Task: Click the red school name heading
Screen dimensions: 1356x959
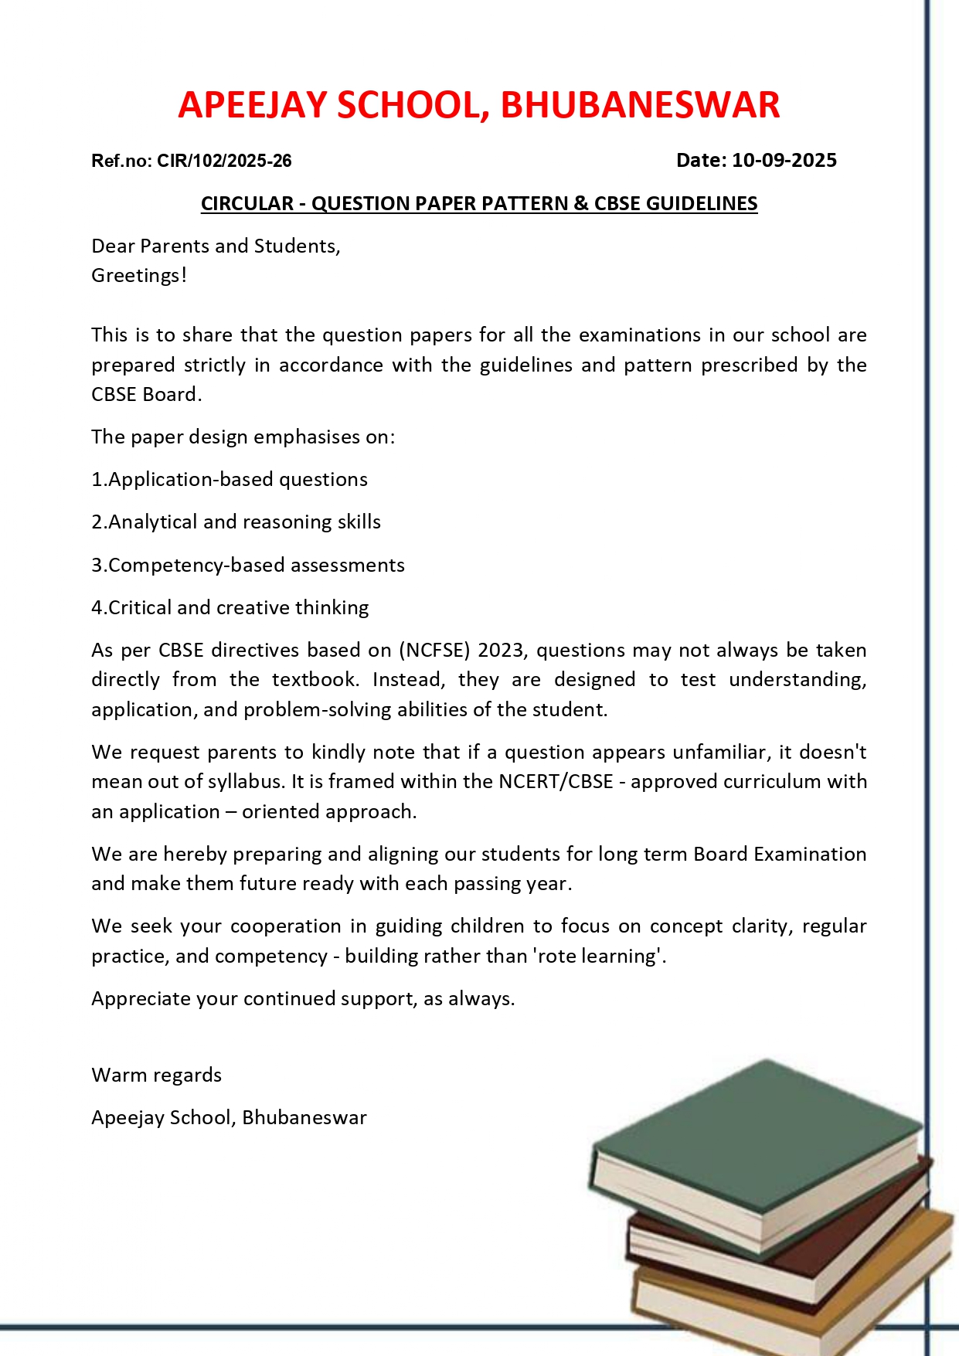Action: click(x=478, y=105)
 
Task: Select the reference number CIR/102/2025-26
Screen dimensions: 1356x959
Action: click(x=224, y=161)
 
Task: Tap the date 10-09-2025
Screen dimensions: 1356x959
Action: click(x=784, y=160)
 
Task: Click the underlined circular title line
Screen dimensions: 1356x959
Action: click(x=479, y=203)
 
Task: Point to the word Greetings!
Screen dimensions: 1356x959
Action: click(x=139, y=275)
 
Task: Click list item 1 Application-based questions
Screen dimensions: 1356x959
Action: click(x=230, y=479)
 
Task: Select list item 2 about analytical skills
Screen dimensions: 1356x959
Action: click(x=236, y=522)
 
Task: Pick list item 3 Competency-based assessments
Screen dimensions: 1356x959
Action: click(x=248, y=565)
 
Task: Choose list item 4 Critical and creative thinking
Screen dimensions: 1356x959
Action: click(x=230, y=607)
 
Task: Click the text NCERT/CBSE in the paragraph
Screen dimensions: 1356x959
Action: click(x=556, y=781)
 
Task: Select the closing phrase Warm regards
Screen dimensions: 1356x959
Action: click(x=156, y=1075)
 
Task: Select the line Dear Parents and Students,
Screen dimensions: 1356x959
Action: click(x=216, y=246)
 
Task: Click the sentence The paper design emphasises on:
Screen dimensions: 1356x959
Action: click(x=243, y=437)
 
